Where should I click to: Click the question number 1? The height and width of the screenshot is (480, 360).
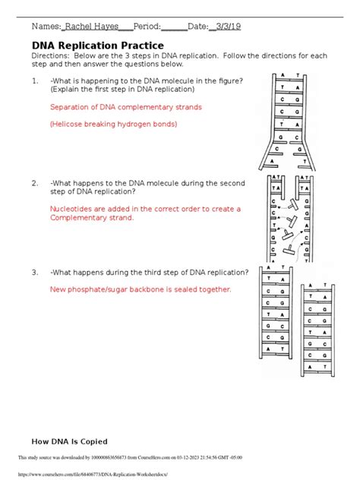click(35, 80)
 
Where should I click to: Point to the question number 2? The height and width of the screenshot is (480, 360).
click(35, 183)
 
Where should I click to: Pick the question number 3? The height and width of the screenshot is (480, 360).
click(35, 272)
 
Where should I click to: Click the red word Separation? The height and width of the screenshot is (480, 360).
click(70, 108)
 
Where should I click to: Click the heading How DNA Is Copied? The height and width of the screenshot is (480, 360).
click(69, 441)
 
